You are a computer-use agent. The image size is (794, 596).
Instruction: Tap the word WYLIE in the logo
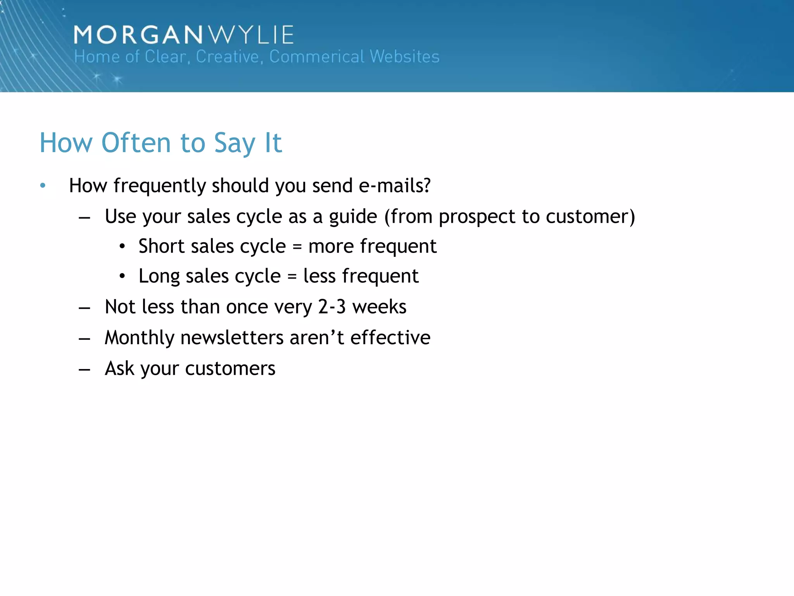point(251,35)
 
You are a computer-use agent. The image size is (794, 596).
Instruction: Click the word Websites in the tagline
point(404,57)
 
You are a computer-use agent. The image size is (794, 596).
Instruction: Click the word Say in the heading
point(235,144)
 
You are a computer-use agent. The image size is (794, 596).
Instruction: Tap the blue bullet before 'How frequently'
point(43,186)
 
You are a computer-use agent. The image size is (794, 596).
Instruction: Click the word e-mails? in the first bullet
point(394,185)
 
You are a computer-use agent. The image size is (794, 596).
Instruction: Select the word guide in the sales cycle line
point(353,217)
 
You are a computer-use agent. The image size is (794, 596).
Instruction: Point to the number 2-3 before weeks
point(332,307)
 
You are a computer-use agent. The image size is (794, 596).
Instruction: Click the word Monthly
point(139,338)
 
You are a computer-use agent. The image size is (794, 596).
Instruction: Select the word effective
point(390,337)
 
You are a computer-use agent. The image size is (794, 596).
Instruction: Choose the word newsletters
point(232,337)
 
